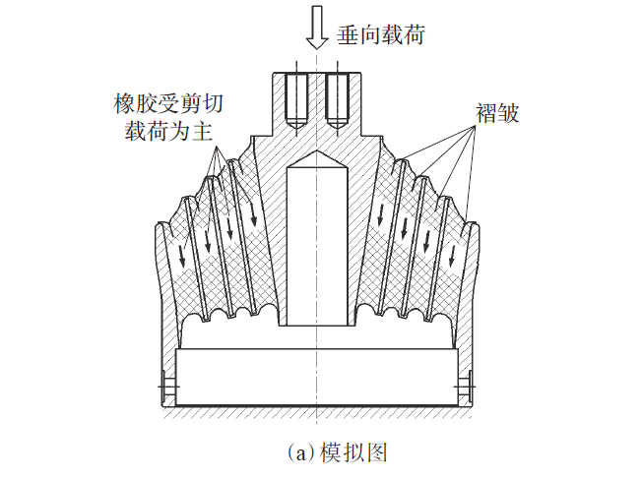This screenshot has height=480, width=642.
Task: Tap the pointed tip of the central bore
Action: coord(315,155)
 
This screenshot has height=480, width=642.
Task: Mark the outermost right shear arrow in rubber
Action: coord(452,254)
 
